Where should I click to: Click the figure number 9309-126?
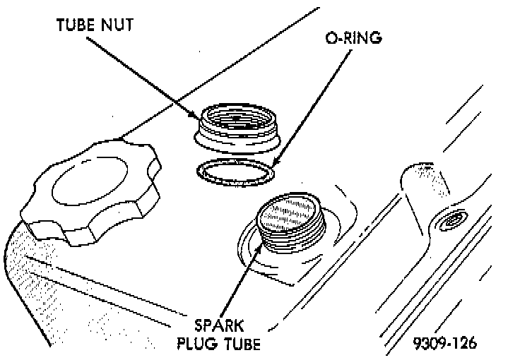coord(445,344)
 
